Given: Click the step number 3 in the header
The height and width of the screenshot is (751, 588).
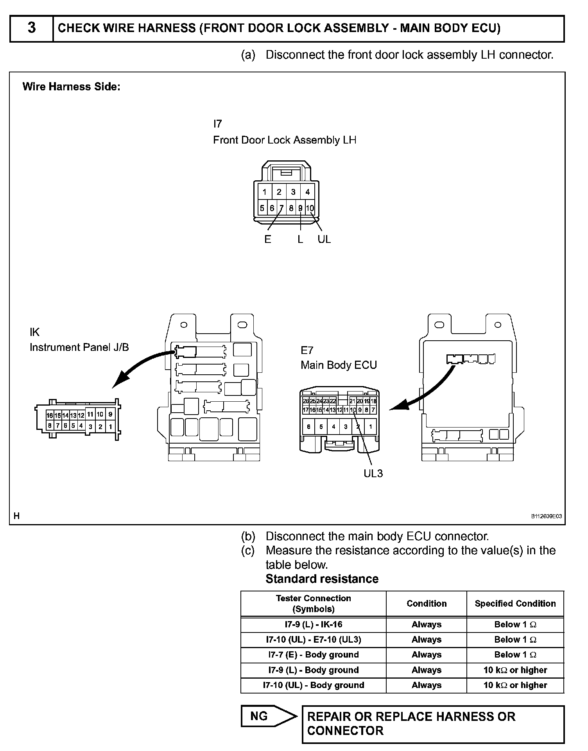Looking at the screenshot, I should click(x=31, y=28).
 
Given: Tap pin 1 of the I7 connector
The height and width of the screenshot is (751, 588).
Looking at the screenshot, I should click(x=265, y=192).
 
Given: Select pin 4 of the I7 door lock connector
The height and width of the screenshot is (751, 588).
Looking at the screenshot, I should click(x=308, y=192).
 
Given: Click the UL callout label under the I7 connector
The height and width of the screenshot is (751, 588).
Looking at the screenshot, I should click(x=324, y=239).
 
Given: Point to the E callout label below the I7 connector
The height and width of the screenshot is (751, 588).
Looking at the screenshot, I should click(x=267, y=239).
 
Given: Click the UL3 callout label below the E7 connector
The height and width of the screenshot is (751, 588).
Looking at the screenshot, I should click(x=373, y=474).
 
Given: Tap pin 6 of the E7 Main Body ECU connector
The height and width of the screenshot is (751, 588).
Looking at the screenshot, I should click(x=308, y=427).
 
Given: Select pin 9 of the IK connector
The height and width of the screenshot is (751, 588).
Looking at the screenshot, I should click(x=110, y=414).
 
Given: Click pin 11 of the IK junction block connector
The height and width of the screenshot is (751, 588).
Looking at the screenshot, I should click(x=90, y=414).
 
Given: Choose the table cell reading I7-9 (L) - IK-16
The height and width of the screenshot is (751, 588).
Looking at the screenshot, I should click(x=313, y=625).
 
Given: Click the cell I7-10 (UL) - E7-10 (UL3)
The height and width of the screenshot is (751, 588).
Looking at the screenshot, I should click(x=313, y=640).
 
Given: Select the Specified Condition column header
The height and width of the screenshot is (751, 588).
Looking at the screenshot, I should click(x=515, y=604).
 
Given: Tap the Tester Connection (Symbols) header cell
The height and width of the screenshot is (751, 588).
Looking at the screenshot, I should click(x=313, y=604).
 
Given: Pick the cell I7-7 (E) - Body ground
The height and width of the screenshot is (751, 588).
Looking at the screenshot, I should click(x=313, y=655).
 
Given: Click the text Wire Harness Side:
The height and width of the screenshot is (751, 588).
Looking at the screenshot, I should click(x=71, y=86).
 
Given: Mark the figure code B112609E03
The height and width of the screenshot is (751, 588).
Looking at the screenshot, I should click(x=546, y=516).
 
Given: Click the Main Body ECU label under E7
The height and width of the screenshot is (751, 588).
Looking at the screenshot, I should click(x=339, y=365).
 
